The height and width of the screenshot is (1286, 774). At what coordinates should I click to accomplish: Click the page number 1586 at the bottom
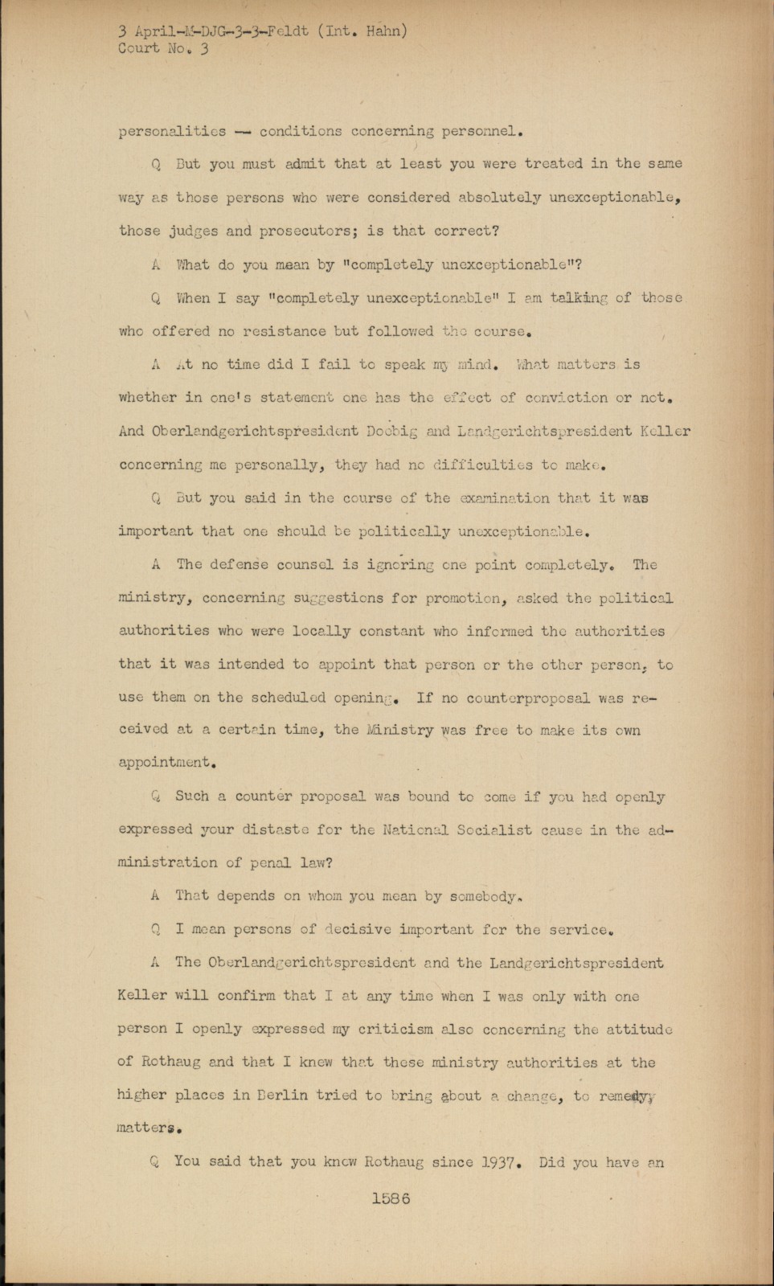pyautogui.click(x=391, y=1197)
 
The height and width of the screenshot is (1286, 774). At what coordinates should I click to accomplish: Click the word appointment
pyautogui.click(x=166, y=762)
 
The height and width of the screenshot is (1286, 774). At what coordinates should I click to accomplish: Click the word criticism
pyautogui.click(x=391, y=1030)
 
